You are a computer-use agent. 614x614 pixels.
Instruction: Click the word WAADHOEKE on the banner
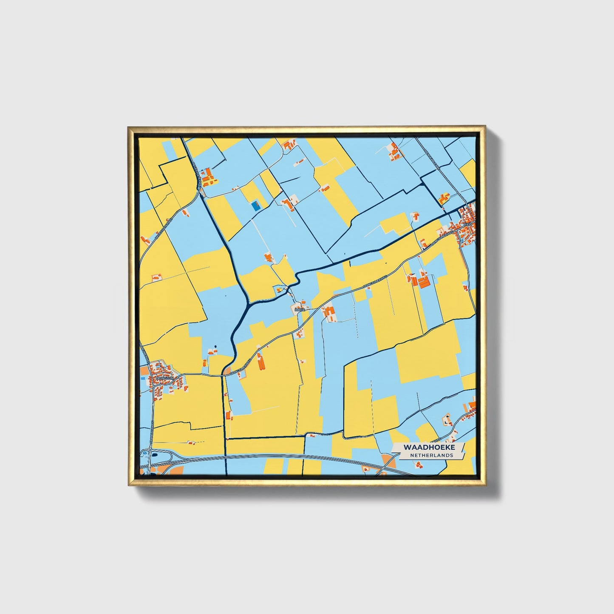coord(429,447)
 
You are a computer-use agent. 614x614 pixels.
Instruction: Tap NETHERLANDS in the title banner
coord(431,455)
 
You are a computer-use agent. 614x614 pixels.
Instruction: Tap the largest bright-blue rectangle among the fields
coord(255,206)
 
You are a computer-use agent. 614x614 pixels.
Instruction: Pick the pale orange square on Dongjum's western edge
coord(144,371)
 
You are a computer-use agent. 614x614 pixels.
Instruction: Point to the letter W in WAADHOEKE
coord(407,447)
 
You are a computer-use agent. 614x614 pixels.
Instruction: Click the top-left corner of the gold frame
coord(128,126)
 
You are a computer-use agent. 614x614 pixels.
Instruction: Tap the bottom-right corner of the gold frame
coord(485,484)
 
